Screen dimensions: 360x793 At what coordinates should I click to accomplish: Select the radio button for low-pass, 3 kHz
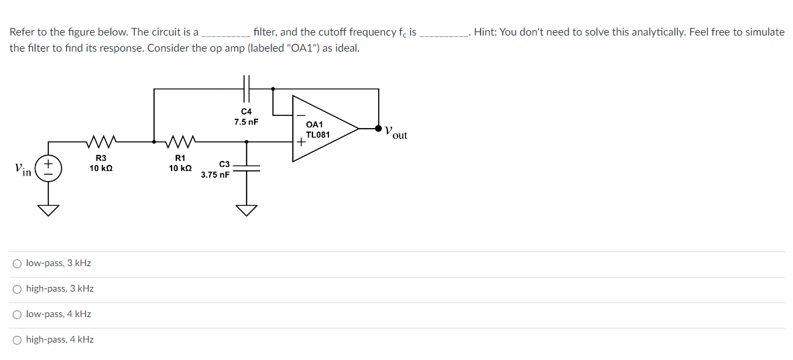tap(17, 263)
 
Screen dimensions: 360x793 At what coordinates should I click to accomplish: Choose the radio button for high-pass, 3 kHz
tap(17, 289)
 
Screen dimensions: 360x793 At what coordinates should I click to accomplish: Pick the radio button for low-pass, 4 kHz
tap(17, 314)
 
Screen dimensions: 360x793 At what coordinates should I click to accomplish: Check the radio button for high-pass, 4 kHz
tap(17, 340)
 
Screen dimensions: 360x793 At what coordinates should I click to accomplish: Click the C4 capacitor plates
tap(246, 88)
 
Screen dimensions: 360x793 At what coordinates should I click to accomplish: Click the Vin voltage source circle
tap(48, 168)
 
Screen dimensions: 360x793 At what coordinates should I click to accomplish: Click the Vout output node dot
tap(379, 128)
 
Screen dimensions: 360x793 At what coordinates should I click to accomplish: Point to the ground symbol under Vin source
tap(48, 211)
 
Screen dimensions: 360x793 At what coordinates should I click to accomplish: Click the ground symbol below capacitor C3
tap(247, 211)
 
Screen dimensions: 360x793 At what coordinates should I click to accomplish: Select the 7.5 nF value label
tap(246, 122)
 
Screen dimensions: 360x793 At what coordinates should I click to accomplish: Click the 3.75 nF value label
tap(215, 175)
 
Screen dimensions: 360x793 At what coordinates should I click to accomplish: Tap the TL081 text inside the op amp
tap(317, 135)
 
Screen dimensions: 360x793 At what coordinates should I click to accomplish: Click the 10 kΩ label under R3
tap(101, 168)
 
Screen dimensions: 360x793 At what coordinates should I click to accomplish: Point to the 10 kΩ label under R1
tap(180, 168)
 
